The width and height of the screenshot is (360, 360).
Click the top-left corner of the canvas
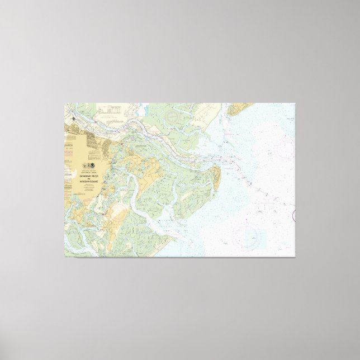tap(64, 103)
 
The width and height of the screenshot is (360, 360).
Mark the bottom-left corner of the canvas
tap(64, 257)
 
